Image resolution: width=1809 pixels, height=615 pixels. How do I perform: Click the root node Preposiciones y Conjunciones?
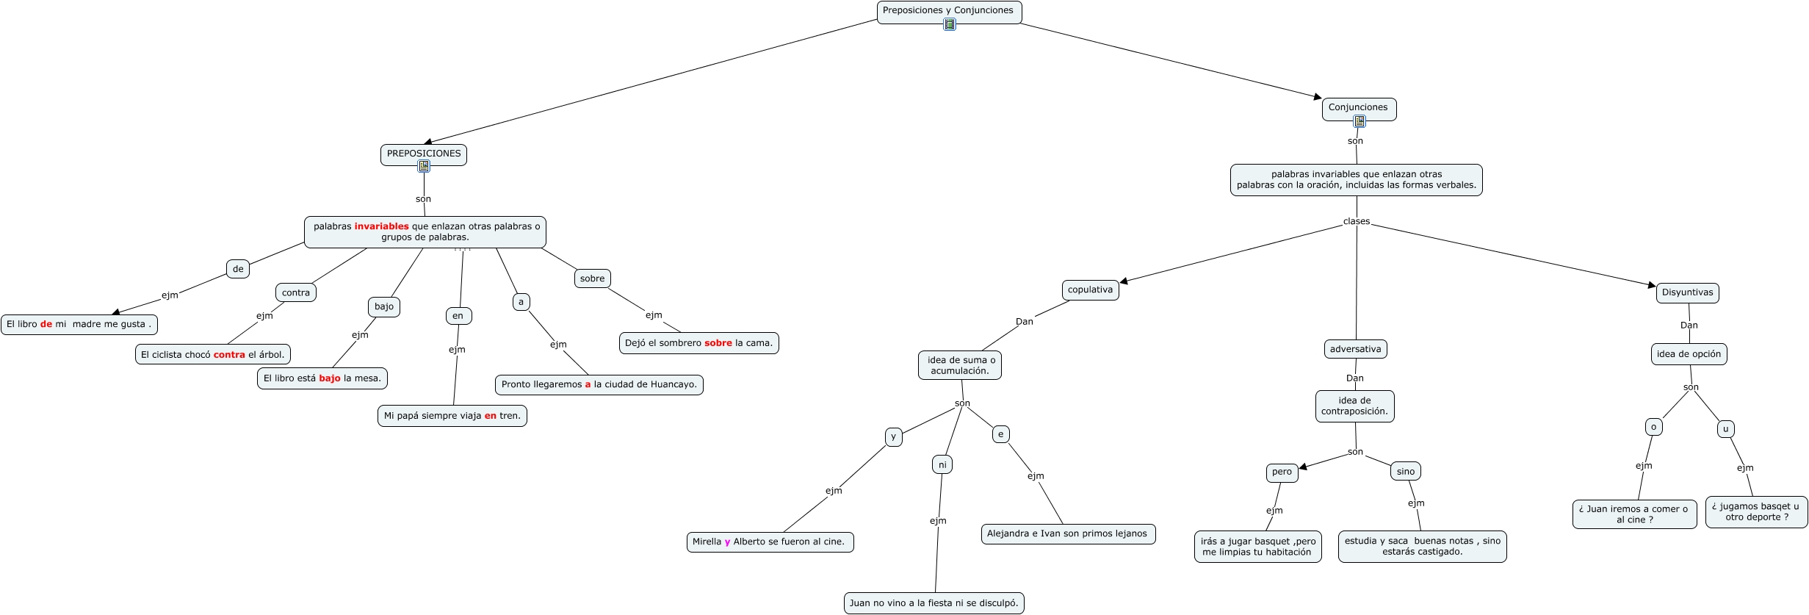click(949, 12)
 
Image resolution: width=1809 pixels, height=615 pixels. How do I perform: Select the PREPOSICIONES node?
click(424, 154)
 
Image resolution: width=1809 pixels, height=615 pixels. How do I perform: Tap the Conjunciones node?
click(1359, 109)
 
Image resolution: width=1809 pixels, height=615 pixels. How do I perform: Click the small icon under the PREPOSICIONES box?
click(424, 166)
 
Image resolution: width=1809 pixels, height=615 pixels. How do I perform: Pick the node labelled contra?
click(296, 292)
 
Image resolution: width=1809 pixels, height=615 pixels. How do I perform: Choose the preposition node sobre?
click(592, 278)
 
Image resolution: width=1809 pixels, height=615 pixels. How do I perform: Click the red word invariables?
click(381, 226)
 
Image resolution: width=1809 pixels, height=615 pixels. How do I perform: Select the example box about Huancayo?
click(599, 384)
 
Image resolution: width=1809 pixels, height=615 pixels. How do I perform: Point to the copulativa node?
click(1090, 289)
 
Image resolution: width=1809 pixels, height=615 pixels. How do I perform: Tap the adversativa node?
click(1355, 349)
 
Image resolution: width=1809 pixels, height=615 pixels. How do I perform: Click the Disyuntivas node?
click(1687, 292)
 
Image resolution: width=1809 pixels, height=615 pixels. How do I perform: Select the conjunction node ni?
click(942, 464)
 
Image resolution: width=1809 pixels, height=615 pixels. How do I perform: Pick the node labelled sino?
click(1405, 472)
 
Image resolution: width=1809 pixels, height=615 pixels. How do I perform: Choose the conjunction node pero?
click(1282, 472)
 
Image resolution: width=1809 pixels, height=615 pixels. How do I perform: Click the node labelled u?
click(1725, 429)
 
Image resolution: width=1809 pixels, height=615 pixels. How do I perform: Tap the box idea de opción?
click(1689, 354)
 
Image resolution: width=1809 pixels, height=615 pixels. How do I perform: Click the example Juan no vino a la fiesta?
click(934, 603)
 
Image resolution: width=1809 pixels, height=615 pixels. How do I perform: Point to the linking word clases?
click(1357, 221)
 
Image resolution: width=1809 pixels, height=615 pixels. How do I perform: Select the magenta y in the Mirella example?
click(727, 542)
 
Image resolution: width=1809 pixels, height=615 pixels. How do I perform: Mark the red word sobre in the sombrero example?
click(718, 343)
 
